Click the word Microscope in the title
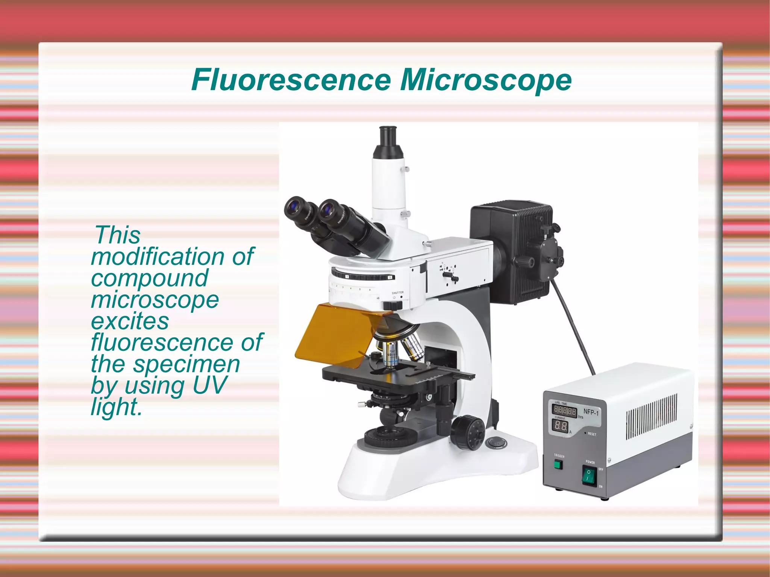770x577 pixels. [485, 80]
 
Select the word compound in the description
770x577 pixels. [149, 278]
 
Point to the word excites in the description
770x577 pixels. [130, 321]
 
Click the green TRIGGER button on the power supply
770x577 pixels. [558, 465]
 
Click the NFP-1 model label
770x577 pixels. [591, 412]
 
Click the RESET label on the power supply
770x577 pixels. [592, 434]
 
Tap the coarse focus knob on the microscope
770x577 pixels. [468, 433]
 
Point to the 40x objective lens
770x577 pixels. [391, 353]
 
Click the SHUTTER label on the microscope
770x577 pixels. [397, 292]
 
